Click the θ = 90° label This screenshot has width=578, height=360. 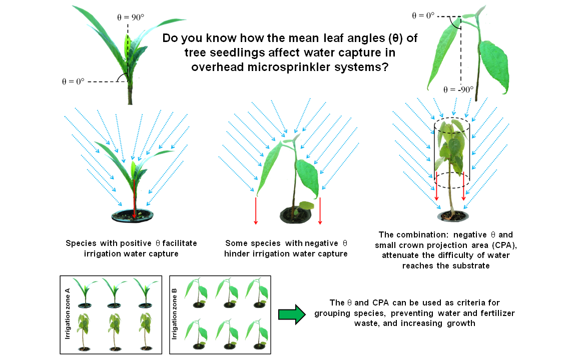point(131,16)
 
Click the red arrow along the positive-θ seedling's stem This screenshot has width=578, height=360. point(134,198)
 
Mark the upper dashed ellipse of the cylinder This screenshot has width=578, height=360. point(452,124)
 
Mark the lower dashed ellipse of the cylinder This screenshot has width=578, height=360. point(452,180)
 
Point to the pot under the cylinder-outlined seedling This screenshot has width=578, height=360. point(452,215)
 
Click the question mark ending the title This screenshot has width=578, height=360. point(385,67)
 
